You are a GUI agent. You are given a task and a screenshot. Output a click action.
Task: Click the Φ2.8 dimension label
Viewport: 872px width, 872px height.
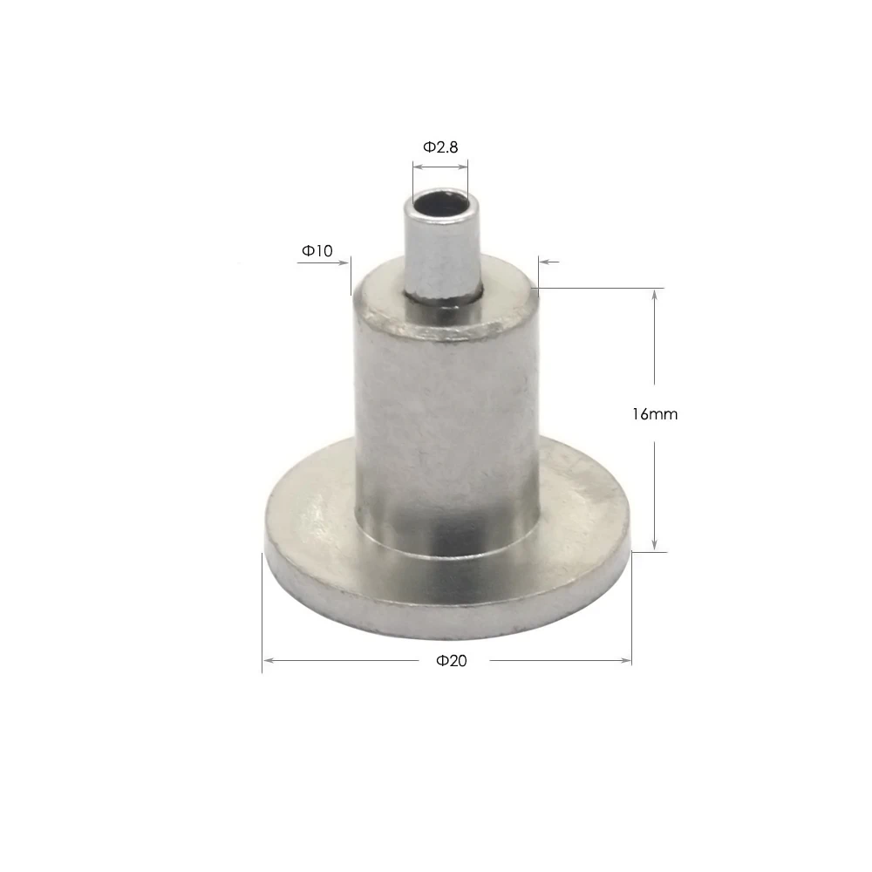click(x=440, y=147)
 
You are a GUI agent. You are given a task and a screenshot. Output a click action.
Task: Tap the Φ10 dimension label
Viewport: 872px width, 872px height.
click(x=317, y=250)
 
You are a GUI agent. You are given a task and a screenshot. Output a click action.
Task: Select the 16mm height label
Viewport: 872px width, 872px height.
click(x=655, y=414)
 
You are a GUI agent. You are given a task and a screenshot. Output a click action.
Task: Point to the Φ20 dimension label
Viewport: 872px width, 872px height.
click(x=452, y=661)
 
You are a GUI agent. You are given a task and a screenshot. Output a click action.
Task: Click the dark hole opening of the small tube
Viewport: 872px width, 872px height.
click(x=441, y=206)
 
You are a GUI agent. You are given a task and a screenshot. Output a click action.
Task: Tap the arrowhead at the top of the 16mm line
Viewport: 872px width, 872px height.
click(x=655, y=296)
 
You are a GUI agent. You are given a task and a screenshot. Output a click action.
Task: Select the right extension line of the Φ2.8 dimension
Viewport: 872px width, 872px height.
click(x=468, y=174)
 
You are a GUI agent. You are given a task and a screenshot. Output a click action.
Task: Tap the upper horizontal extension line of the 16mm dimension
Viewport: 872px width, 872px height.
click(x=602, y=288)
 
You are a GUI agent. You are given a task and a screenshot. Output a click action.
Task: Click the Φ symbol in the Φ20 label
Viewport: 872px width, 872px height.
click(x=442, y=661)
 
